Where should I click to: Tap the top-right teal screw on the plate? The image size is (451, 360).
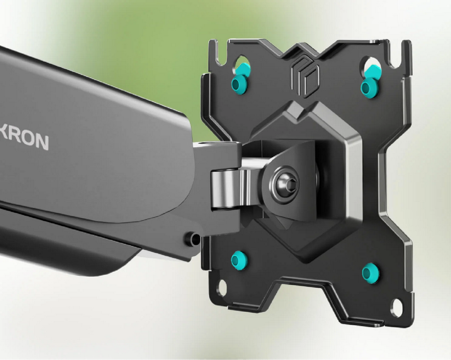[x=369, y=86]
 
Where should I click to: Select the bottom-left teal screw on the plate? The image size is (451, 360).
[x=239, y=260]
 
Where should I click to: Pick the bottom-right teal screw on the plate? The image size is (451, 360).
[x=371, y=273]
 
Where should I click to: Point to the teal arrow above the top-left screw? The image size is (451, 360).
[x=243, y=69]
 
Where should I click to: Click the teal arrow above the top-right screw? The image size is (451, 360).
[x=373, y=71]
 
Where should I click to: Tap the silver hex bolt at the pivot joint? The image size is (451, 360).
[x=285, y=184]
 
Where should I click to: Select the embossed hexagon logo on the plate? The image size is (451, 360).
[x=305, y=78]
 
